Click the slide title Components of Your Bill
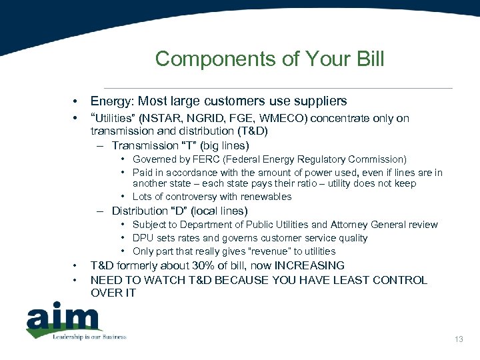point(269,59)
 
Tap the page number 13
point(459,340)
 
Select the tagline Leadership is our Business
point(89,337)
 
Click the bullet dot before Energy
point(77,102)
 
